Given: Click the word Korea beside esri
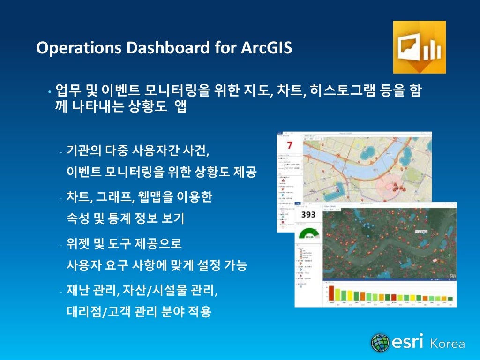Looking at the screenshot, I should pyautogui.click(x=447, y=344).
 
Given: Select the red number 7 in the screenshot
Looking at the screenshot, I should pyautogui.click(x=289, y=145).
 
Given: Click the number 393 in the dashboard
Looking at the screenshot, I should pyautogui.click(x=308, y=214).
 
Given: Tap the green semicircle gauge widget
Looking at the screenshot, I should pyautogui.click(x=308, y=234).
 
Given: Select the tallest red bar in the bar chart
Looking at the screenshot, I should pyautogui.click(x=331, y=293).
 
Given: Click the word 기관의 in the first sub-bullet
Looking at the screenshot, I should pyautogui.click(x=82, y=151).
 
